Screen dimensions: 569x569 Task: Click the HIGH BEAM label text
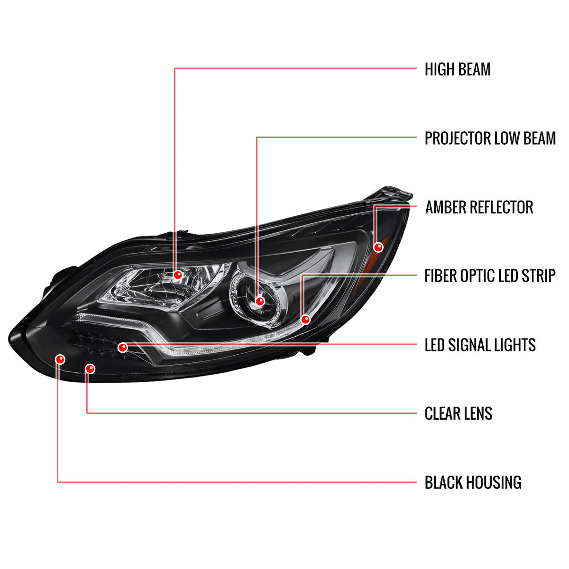coord(458,69)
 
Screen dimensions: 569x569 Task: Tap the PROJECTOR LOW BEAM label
coord(490,138)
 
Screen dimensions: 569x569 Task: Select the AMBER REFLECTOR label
coord(479,207)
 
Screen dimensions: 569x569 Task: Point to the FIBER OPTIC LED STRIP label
coord(490,276)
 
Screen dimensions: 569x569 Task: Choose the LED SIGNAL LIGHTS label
coord(480,345)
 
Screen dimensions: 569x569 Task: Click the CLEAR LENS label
coord(459,413)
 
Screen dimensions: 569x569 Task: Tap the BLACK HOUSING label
coord(473,482)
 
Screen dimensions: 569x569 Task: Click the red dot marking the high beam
coord(178,275)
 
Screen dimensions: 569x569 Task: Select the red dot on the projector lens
coord(260,301)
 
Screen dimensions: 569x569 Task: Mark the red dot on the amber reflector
coord(378,247)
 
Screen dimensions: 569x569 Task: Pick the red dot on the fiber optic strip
coord(306,320)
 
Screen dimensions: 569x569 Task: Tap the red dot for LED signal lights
coord(122,348)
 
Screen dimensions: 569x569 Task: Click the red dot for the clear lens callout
coord(90,369)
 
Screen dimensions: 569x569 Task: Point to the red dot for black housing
coord(60,359)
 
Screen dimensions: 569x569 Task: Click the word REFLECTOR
coord(502,207)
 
